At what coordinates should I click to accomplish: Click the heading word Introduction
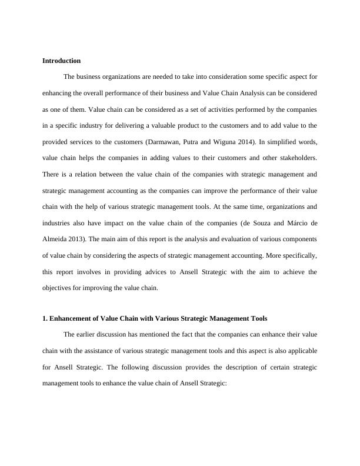[62, 61]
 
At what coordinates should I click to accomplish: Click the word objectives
[58, 288]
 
